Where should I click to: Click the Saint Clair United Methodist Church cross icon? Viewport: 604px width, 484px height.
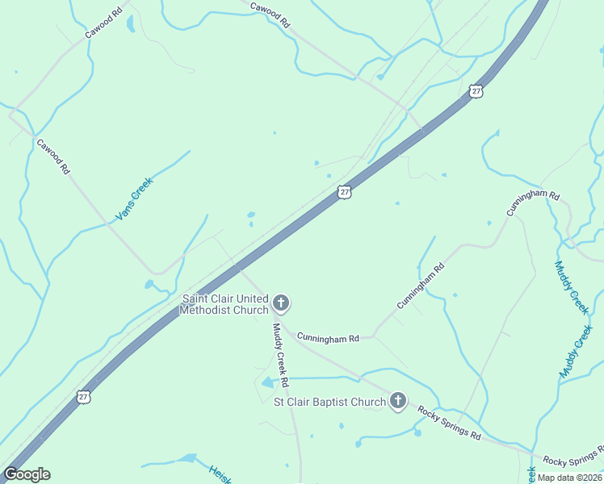click(281, 303)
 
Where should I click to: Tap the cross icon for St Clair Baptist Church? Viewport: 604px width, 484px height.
click(397, 400)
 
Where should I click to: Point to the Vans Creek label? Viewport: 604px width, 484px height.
click(134, 198)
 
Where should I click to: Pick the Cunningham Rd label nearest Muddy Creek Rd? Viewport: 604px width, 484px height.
click(327, 339)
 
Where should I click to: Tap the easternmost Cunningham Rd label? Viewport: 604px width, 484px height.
click(533, 202)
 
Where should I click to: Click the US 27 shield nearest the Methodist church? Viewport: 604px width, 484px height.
click(345, 192)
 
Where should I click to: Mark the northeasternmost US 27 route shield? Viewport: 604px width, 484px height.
click(476, 91)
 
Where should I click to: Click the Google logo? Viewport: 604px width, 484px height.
click(27, 474)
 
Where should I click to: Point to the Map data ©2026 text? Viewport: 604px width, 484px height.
click(569, 477)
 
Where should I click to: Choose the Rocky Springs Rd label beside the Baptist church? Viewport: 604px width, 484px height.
click(449, 423)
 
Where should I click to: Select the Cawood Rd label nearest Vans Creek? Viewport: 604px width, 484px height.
click(54, 156)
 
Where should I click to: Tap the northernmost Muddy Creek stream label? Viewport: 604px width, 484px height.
click(572, 287)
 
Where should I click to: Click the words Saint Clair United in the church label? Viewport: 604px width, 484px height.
click(225, 298)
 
